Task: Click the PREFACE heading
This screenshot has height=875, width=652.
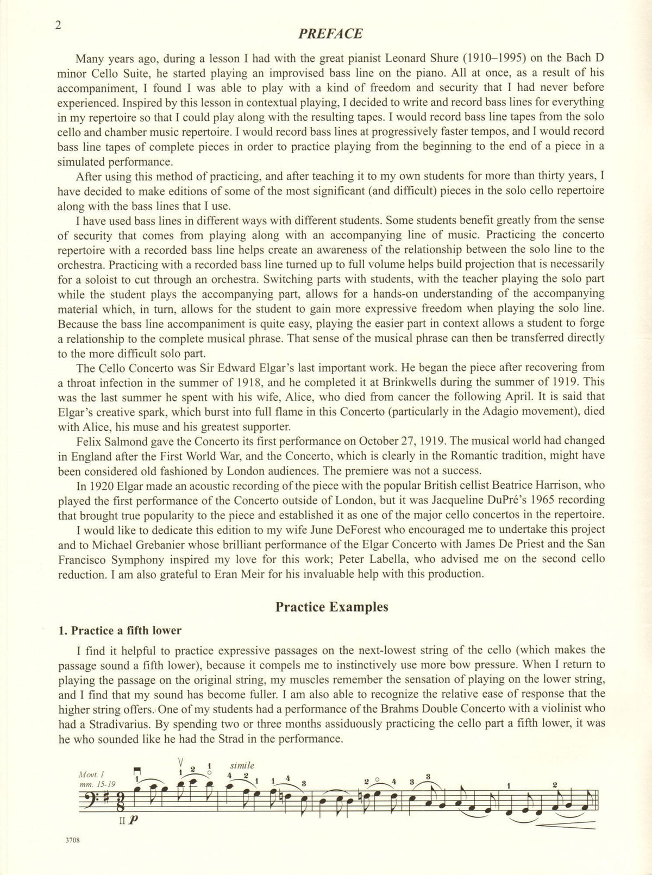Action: click(x=330, y=34)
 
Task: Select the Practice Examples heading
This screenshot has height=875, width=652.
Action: click(x=331, y=607)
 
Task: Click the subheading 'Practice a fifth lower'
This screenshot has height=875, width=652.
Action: click(x=120, y=631)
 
